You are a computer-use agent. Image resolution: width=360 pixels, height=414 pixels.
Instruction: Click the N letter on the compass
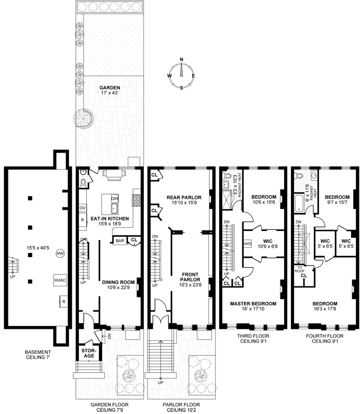pos(182,60)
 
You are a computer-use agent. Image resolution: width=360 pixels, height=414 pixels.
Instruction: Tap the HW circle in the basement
pos(60,254)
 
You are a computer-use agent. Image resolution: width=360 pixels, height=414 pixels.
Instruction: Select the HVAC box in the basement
pos(60,280)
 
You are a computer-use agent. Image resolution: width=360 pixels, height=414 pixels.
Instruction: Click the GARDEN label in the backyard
pos(110,88)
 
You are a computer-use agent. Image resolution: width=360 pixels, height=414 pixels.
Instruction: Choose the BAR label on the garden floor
pos(120,241)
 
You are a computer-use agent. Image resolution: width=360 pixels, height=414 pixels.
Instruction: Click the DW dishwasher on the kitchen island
pos(115,199)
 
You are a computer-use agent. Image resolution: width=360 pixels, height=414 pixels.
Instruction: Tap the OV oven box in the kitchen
pos(83,208)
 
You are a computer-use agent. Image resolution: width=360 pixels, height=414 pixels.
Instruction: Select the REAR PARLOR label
pos(184,198)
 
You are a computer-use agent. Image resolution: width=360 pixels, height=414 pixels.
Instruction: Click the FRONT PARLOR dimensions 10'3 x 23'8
pos(190,285)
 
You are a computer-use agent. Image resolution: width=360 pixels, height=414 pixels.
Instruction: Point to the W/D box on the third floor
pos(248,244)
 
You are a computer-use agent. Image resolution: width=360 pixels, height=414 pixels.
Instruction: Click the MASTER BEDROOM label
pos(253,304)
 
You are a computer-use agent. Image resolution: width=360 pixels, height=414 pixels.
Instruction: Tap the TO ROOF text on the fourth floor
pos(300,269)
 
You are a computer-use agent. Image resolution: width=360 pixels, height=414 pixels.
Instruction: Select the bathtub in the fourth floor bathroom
pos(299,203)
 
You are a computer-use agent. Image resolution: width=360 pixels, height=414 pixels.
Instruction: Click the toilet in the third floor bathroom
pos(227,176)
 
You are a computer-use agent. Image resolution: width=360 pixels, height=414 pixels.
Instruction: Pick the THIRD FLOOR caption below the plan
pos(253,336)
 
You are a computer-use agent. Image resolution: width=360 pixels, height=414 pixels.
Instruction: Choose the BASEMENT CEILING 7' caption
pos(38,354)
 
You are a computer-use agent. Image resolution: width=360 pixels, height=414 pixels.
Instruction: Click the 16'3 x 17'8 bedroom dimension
pos(325,308)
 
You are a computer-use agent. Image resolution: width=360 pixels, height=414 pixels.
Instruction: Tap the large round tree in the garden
pos(84,118)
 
